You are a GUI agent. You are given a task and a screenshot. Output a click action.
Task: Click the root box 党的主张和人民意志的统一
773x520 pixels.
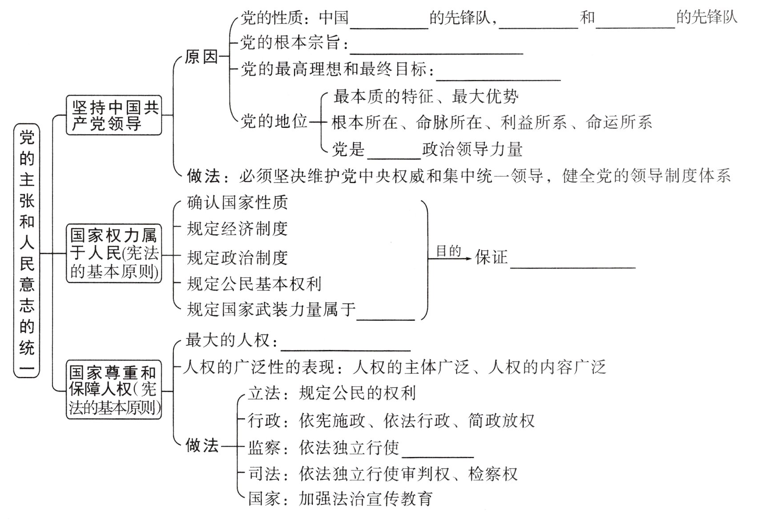click(x=27, y=250)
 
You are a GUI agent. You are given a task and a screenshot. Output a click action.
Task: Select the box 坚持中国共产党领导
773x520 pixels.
click(x=114, y=115)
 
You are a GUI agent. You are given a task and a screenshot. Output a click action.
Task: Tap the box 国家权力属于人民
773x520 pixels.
click(x=114, y=253)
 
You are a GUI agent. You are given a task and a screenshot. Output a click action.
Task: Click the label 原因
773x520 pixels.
click(x=201, y=57)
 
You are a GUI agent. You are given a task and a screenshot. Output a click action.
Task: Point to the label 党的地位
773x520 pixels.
click(x=274, y=121)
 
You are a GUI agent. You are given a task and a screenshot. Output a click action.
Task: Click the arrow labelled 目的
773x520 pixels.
click(x=449, y=257)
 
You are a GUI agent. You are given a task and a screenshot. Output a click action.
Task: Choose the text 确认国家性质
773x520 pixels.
click(x=237, y=203)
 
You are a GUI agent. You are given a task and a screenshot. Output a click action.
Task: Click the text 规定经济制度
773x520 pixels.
click(x=237, y=228)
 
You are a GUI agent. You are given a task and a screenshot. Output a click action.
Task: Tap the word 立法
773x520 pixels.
click(x=264, y=393)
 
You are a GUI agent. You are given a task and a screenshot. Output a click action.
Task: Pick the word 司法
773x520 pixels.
click(x=264, y=474)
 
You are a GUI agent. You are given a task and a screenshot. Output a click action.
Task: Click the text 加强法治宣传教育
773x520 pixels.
click(x=366, y=498)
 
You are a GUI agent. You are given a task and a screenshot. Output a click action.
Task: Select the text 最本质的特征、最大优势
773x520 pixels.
click(x=426, y=96)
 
